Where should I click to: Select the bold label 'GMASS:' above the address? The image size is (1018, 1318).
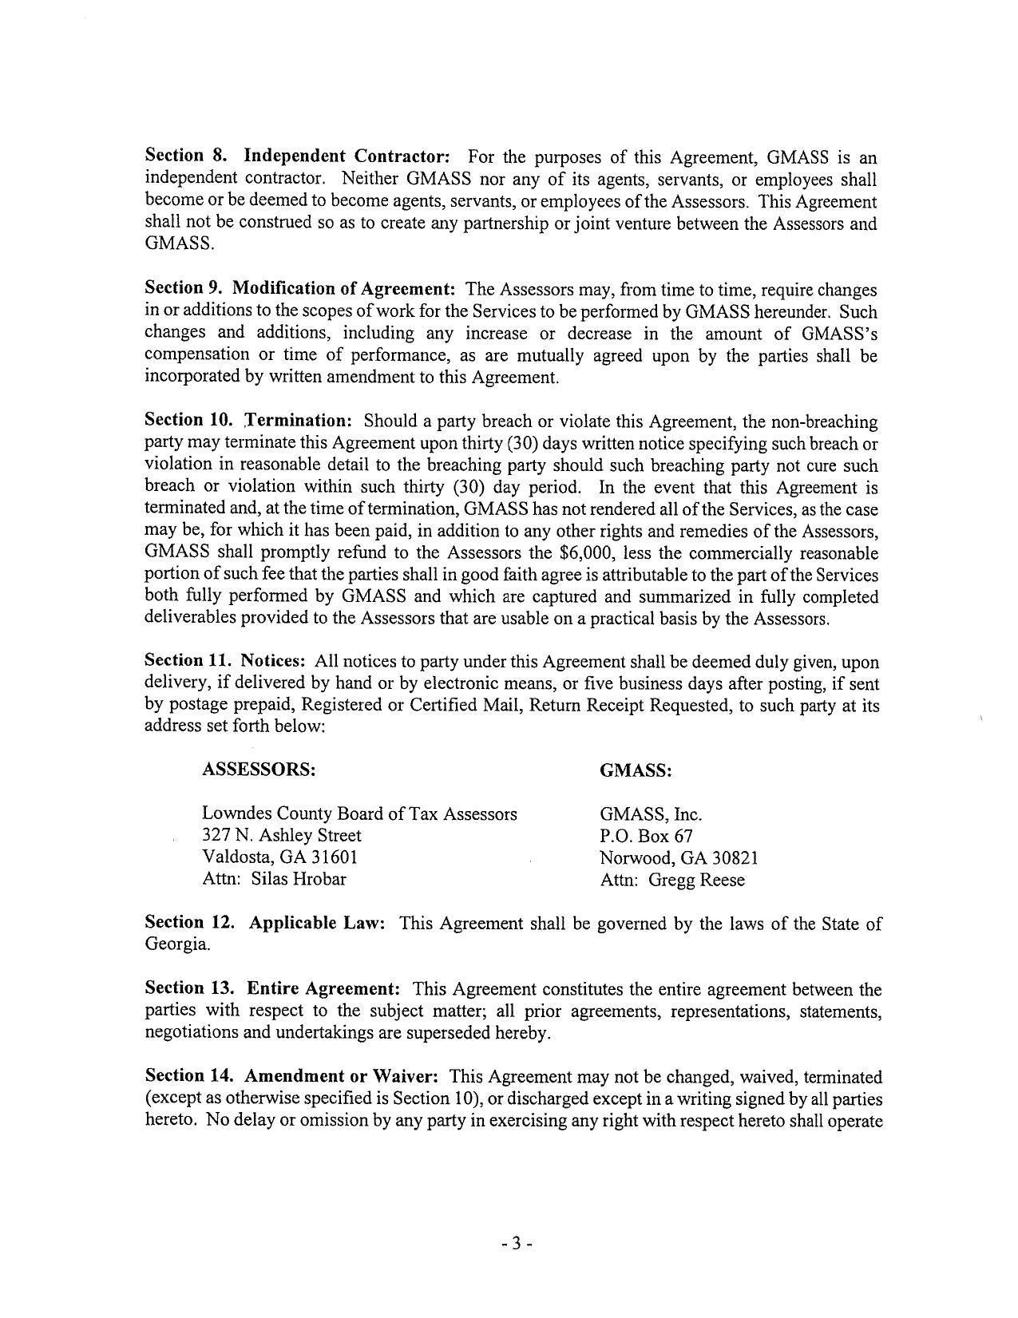coord(636,770)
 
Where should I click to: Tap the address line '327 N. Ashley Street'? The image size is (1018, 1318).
coord(282,836)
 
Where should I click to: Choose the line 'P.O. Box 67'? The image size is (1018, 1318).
coord(646,837)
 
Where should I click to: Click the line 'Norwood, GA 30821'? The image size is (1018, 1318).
coord(679,858)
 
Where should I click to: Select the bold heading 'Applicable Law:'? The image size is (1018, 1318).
coord(317,923)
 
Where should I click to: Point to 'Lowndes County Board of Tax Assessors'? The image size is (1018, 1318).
coord(359,813)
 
